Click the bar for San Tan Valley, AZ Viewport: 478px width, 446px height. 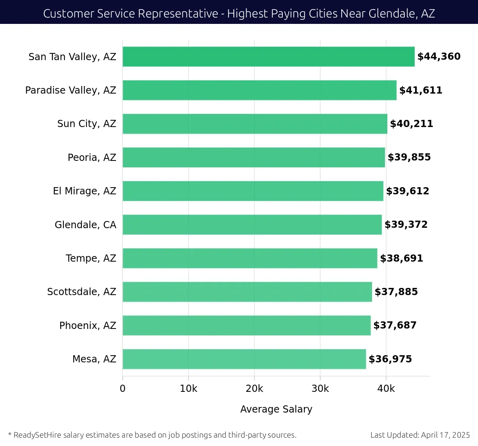coord(268,57)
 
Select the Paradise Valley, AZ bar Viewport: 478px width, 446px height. coord(259,90)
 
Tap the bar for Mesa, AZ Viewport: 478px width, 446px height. coord(244,359)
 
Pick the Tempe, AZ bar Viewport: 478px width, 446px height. coord(250,258)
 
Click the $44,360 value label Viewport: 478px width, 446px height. coord(439,57)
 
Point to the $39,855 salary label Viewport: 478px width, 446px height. coord(409,157)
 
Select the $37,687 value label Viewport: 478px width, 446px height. coord(395,325)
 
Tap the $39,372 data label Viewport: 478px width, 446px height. coord(406,225)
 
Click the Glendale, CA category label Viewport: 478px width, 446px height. coord(85,225)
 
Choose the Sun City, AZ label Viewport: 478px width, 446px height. coord(86,124)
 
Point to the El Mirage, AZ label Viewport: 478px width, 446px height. coord(84,191)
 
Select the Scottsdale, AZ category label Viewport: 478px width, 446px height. coord(82,292)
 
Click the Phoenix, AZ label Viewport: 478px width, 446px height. coord(88,325)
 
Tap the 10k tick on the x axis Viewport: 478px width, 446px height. coord(188,389)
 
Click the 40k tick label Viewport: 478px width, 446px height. coord(386,389)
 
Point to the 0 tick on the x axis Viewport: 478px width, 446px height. coord(123,389)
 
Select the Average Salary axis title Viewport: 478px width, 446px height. coord(276,409)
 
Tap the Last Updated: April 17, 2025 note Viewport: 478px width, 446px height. coord(420,435)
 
